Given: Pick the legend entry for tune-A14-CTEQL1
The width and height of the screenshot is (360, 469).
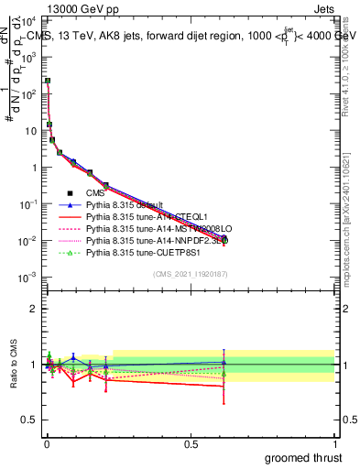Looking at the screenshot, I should pos(137,217).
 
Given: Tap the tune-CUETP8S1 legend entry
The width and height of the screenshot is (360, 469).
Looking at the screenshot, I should pos(137,253).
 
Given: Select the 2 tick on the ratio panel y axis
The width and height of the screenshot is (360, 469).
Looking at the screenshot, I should pos(35,309).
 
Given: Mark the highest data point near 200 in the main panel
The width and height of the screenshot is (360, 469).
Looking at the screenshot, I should pos(48,81).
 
